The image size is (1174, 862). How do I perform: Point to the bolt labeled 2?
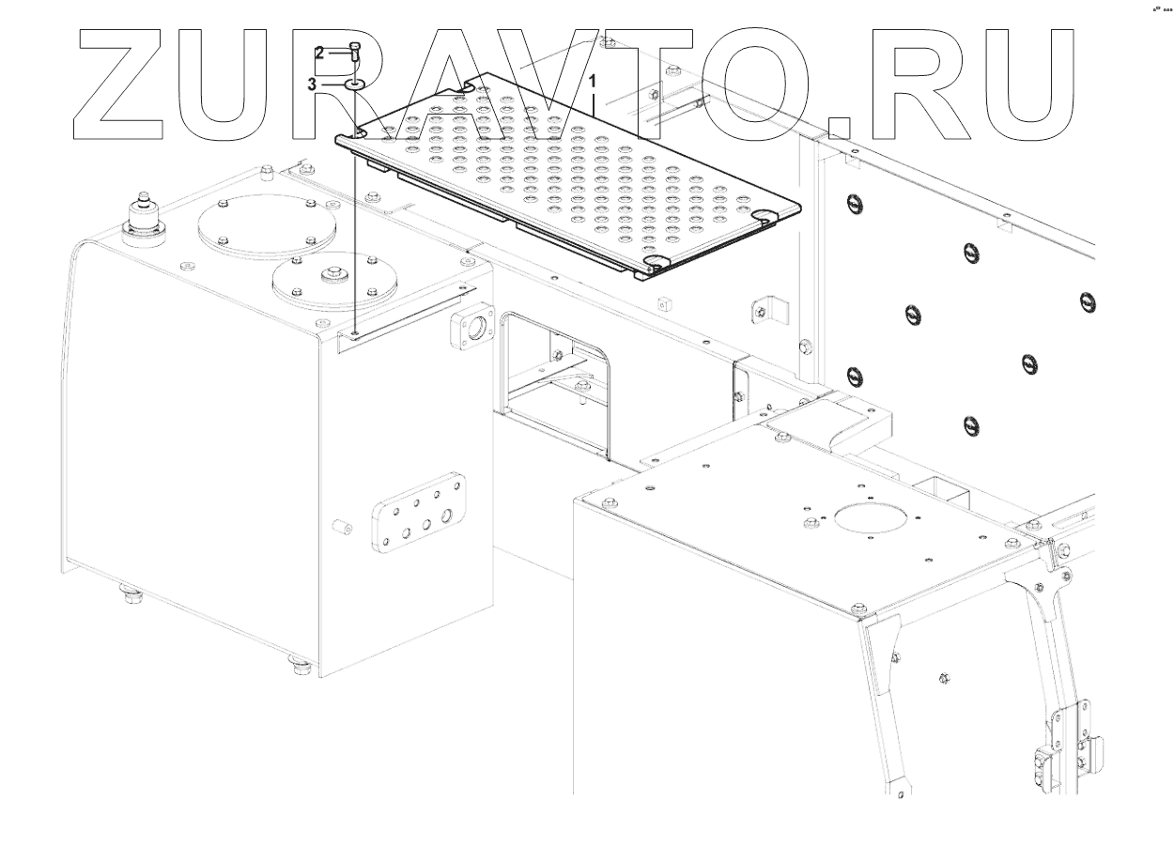(355, 53)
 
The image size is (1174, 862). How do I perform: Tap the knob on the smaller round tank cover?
(333, 278)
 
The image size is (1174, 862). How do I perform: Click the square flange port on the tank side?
(473, 328)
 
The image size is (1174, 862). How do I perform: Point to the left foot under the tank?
(127, 593)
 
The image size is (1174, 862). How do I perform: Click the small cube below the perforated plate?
(665, 302)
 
